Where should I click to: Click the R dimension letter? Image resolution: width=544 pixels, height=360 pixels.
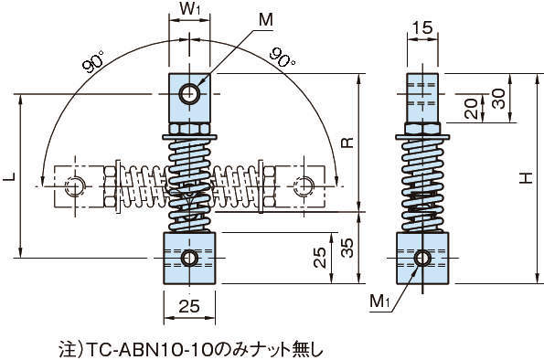click(346, 143)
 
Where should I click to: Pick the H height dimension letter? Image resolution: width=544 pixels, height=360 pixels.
click(525, 180)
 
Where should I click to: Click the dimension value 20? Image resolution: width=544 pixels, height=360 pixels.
click(467, 109)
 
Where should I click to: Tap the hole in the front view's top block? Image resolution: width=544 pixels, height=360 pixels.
click(189, 93)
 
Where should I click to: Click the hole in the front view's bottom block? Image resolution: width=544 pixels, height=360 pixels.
click(189, 258)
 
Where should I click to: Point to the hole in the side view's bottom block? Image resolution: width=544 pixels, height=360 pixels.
click(421, 258)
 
